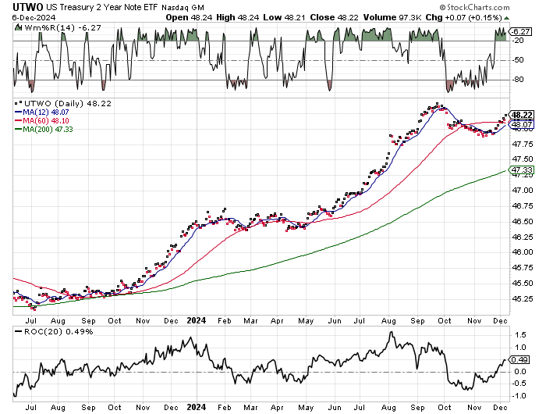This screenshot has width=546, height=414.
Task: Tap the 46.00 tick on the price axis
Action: [523, 252]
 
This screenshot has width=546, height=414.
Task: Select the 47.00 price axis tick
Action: [523, 190]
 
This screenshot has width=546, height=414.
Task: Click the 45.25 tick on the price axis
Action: [523, 298]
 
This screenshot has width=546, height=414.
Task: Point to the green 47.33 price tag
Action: [520, 170]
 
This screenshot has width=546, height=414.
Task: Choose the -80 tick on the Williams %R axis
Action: [518, 80]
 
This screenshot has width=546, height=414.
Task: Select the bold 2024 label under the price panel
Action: [196, 320]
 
